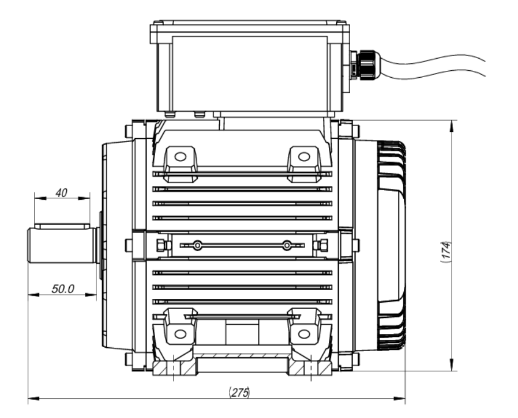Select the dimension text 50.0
pos(63,289)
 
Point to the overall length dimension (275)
pos(239,393)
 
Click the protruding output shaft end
pos(61,245)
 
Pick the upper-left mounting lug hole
pos(179,156)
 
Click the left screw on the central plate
pos(198,246)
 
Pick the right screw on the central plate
pos(286,246)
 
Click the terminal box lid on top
pos(249,27)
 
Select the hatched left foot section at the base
pos(174,368)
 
